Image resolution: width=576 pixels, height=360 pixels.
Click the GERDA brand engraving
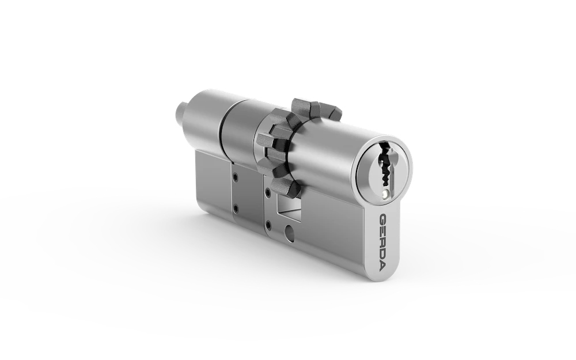(384, 242)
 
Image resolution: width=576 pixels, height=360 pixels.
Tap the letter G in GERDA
(384, 218)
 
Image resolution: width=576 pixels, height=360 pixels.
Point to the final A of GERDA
(384, 267)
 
